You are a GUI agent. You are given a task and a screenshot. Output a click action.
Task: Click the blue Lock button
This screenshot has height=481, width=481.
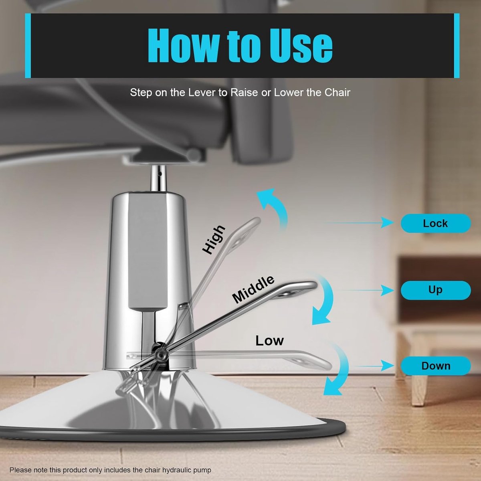(436, 223)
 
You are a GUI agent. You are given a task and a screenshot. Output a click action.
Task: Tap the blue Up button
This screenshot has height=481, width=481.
(436, 290)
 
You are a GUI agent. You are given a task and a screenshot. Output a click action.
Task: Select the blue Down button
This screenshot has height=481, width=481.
(436, 366)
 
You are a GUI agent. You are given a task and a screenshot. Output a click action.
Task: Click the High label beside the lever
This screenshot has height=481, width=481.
(214, 240)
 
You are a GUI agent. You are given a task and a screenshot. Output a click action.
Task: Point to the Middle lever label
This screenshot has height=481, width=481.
(253, 289)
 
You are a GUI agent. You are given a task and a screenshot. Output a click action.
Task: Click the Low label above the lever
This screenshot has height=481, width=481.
(270, 340)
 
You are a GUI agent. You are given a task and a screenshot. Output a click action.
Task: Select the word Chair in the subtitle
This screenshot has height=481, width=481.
(337, 93)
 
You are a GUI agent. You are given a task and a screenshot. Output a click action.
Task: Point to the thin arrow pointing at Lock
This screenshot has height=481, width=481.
(359, 222)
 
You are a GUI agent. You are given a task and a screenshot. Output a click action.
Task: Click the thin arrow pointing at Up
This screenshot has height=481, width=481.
(366, 290)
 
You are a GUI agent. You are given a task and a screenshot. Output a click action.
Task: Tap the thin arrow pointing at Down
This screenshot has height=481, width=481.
(374, 366)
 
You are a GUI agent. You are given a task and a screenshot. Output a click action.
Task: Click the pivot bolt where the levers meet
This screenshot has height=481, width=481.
(160, 355)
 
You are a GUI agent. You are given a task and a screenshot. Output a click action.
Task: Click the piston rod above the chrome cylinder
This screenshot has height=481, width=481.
(158, 178)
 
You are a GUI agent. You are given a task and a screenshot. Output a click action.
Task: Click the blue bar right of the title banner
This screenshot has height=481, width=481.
(457, 46)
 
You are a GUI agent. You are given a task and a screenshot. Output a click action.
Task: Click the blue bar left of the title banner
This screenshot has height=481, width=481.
(28, 46)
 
